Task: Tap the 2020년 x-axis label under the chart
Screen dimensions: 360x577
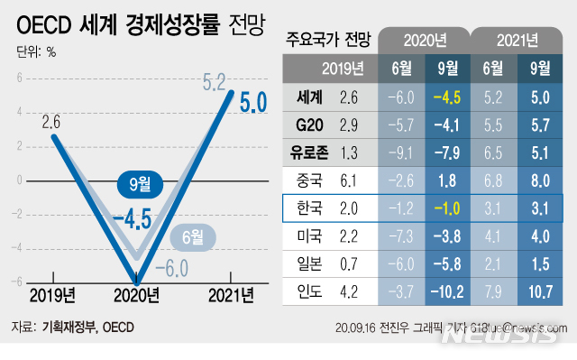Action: point(134,294)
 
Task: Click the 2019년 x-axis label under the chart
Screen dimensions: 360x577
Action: point(52,294)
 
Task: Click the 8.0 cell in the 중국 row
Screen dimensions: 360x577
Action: point(541,180)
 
